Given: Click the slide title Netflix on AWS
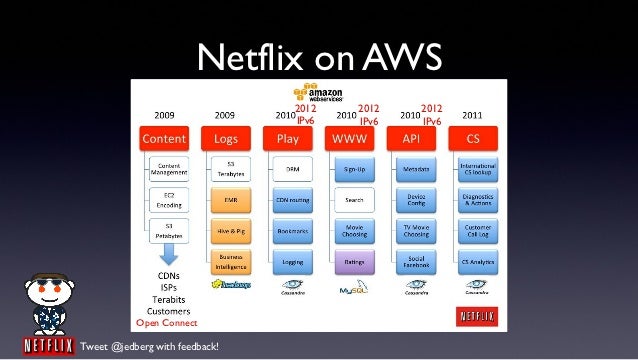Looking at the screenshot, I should (x=318, y=57).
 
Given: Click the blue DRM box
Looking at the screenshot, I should (x=293, y=169).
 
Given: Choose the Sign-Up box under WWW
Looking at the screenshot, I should (x=353, y=169).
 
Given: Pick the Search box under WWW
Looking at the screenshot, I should (x=353, y=199).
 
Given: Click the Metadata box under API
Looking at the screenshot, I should (x=416, y=169).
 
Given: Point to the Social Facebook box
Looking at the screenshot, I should (x=416, y=263).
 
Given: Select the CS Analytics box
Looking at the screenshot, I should (x=477, y=262).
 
